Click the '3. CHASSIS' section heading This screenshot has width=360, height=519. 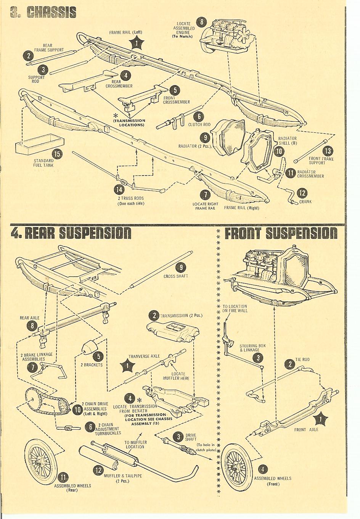43,13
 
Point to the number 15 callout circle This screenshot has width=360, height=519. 57,154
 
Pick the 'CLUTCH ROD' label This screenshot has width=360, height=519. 199,125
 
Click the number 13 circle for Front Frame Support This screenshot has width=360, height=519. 328,151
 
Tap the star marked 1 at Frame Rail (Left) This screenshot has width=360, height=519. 136,43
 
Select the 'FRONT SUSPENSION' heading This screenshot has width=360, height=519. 280,233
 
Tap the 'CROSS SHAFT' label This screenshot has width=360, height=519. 176,276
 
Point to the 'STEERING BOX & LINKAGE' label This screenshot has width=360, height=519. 252,348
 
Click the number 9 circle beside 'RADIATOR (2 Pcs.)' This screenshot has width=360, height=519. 205,138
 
